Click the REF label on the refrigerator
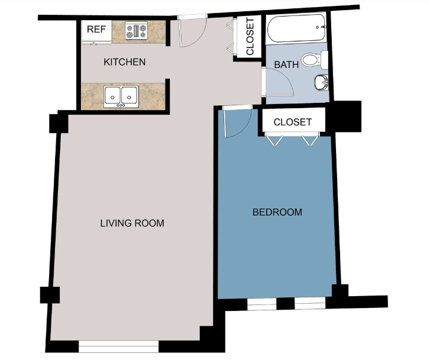96,29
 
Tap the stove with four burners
136,31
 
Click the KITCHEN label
124,62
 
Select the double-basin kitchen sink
121,97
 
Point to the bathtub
296,28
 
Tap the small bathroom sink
321,82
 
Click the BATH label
286,64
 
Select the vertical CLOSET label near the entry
250,37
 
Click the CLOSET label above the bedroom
293,122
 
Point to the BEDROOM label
277,212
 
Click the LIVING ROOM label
132,223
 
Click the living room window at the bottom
118,346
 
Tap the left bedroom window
262,304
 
